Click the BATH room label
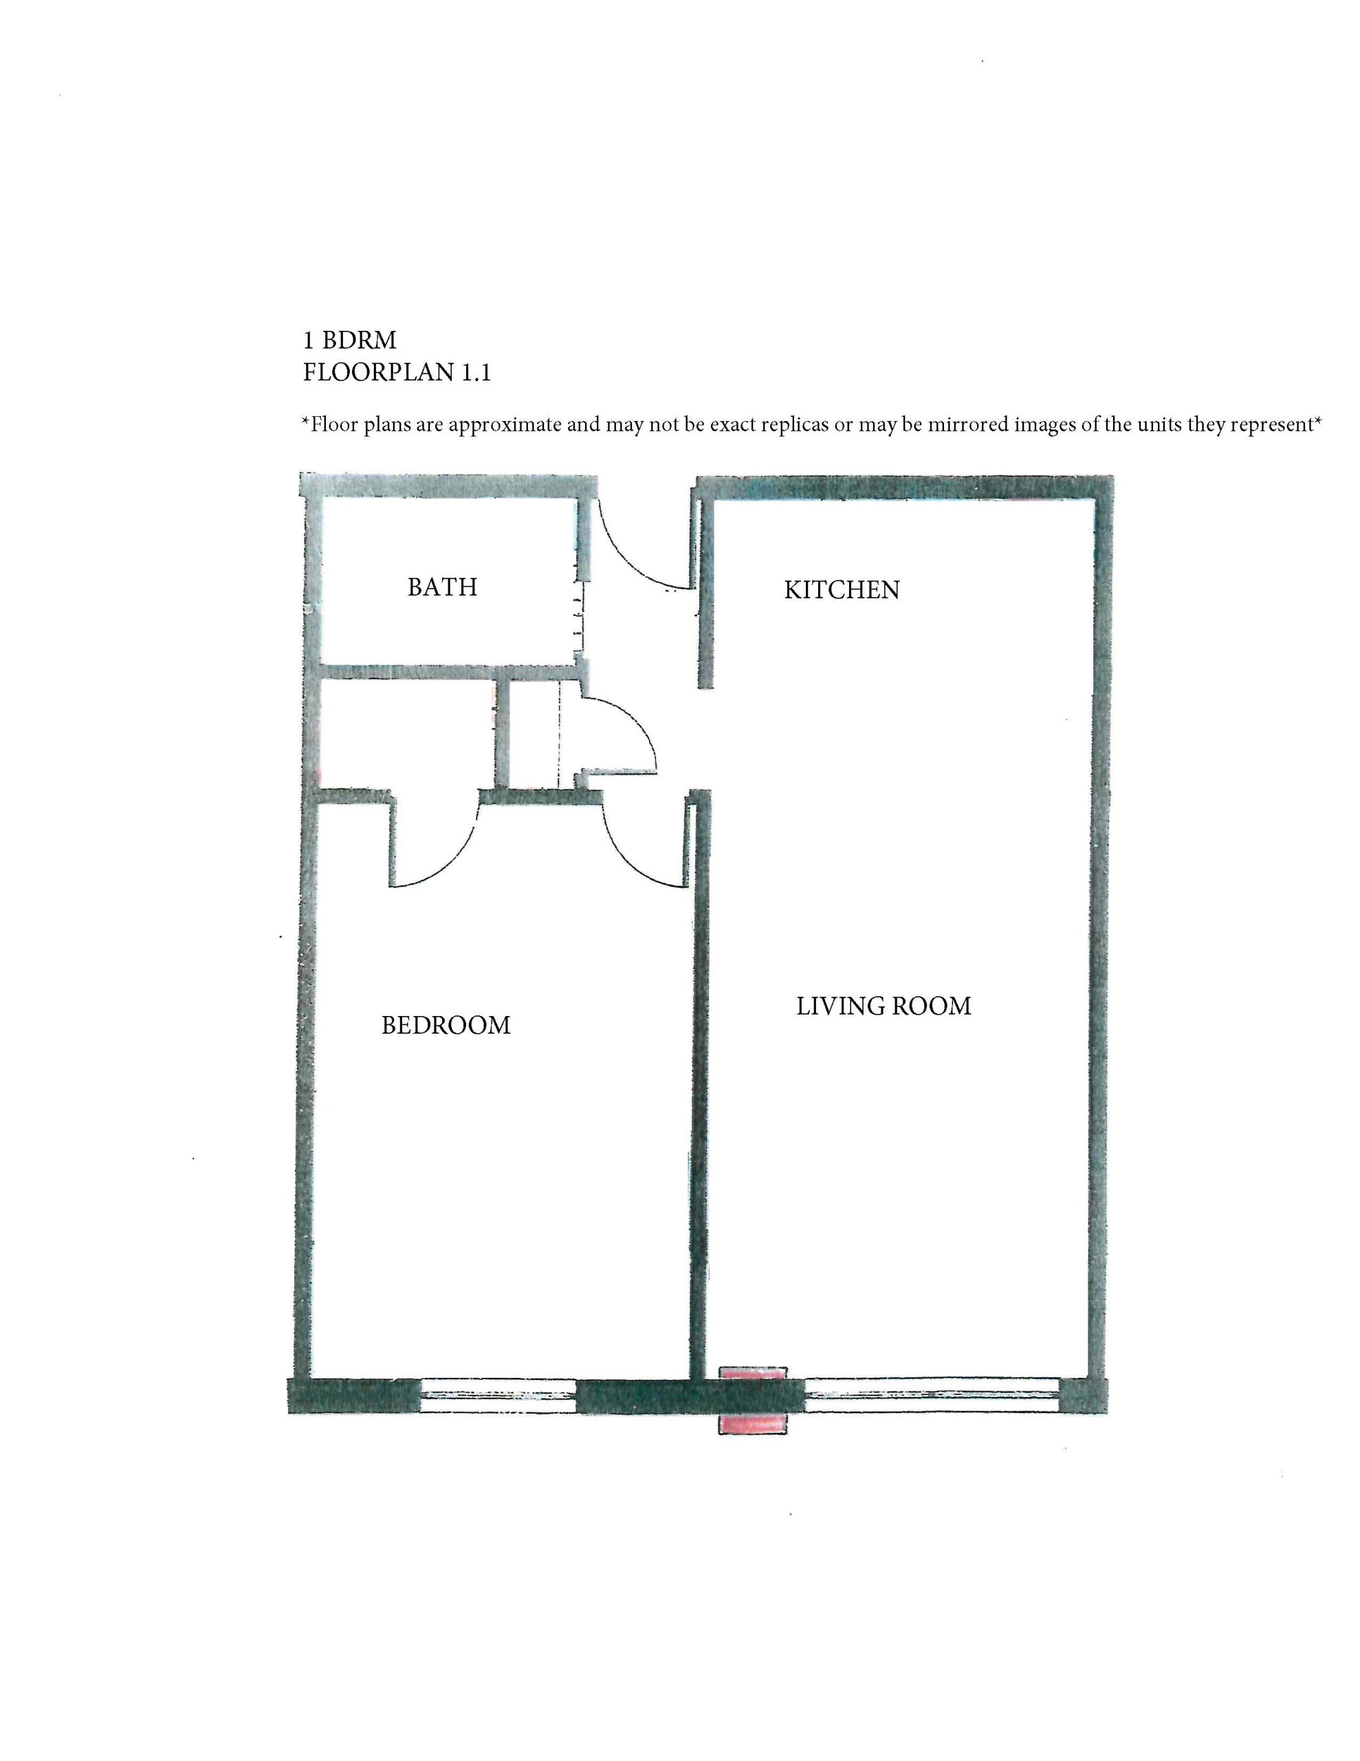coord(442,586)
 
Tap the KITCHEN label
coord(842,590)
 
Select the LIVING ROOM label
coord(884,1006)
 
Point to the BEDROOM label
coord(446,1025)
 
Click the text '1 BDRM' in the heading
coord(350,341)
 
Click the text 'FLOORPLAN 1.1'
coord(397,373)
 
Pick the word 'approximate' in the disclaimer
coord(505,425)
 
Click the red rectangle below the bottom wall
coord(752,1423)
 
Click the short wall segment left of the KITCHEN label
coord(705,593)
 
